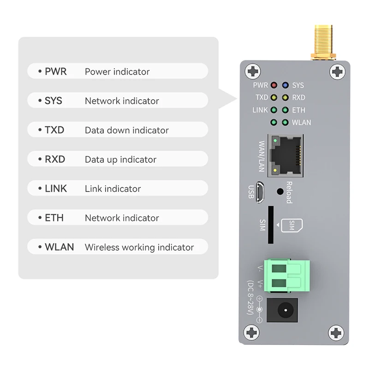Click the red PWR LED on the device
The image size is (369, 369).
274,85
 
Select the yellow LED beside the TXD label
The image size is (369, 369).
274,98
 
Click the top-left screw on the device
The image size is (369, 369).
253,71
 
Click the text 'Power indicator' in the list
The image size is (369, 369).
117,72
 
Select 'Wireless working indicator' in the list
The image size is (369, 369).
139,248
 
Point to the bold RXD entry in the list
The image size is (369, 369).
55,160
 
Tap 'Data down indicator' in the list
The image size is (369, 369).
126,131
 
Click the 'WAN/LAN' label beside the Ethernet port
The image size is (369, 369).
262,156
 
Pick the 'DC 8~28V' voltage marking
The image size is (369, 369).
250,298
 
